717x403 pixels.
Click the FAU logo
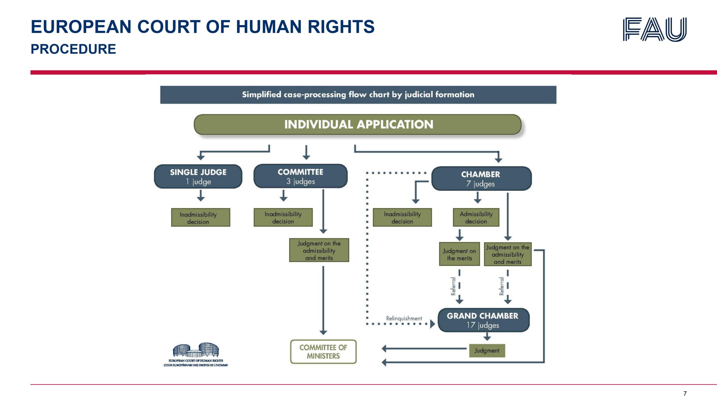(x=655, y=29)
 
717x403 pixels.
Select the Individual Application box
(x=358, y=125)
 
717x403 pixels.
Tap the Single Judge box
(x=198, y=177)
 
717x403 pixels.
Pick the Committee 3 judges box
(x=300, y=176)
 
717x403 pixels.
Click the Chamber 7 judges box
(x=481, y=179)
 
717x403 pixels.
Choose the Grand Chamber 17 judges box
(x=483, y=320)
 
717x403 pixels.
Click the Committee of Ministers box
(x=323, y=352)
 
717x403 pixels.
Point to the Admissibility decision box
(x=476, y=217)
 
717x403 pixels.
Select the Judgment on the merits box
(x=459, y=254)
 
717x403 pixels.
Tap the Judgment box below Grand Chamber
(x=487, y=350)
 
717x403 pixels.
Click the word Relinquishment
(x=404, y=318)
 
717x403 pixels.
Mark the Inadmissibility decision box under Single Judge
(x=201, y=217)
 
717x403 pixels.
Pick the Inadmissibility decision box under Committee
(x=283, y=217)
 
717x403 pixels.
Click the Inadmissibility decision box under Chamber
(x=402, y=217)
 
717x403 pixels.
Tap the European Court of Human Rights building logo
(x=196, y=354)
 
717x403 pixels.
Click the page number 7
(x=685, y=393)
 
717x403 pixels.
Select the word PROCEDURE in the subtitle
(x=73, y=49)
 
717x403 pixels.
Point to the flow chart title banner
(x=358, y=95)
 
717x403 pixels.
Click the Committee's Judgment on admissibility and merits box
(x=319, y=250)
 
